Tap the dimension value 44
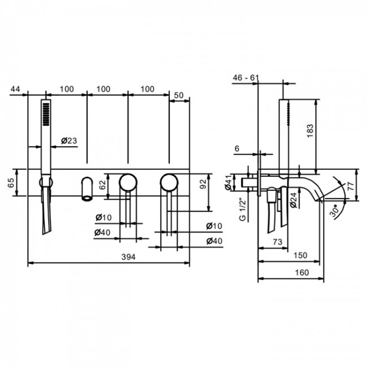tap(15, 89)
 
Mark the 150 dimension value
tap(300, 255)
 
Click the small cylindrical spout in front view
tap(86, 188)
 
